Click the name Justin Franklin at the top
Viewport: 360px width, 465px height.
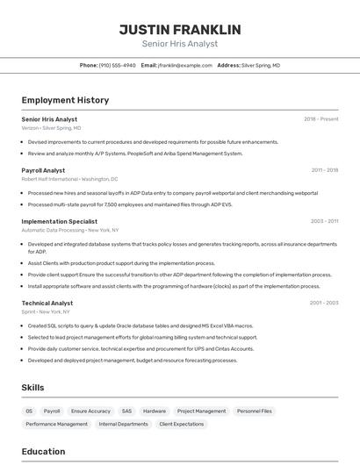tap(179, 29)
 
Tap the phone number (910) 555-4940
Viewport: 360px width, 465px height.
tap(117, 65)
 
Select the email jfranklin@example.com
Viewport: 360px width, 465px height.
tap(185, 65)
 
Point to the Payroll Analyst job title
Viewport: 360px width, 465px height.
tap(43, 170)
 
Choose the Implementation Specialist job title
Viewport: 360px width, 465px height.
tap(59, 222)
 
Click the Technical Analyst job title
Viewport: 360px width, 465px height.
tap(47, 303)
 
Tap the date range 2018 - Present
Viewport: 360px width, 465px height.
tap(320, 119)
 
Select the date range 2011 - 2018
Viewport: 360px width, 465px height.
tap(324, 170)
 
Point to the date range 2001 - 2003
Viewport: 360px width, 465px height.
tap(324, 303)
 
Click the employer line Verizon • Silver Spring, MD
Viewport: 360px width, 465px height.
tap(51, 128)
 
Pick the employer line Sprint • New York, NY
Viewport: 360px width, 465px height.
tap(46, 311)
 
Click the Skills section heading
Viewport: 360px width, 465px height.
tap(32, 387)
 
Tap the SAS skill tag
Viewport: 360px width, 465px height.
tap(126, 411)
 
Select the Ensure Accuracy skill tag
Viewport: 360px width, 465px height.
tap(90, 411)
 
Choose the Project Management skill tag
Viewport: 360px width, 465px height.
tap(201, 411)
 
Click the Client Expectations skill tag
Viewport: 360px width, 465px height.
tap(181, 424)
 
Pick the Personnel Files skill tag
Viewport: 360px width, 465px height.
tap(255, 411)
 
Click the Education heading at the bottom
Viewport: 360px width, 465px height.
tap(43, 452)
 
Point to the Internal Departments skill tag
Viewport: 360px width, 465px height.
tap(123, 424)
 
